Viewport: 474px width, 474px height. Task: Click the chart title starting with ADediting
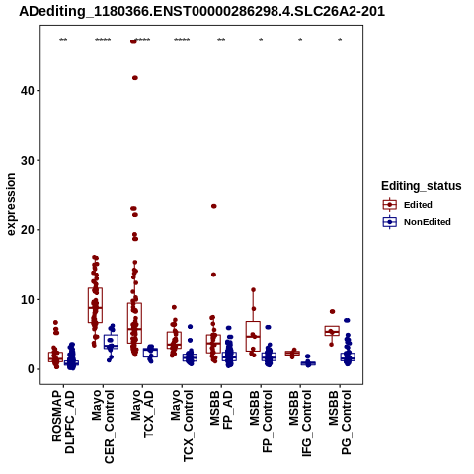[x=201, y=12]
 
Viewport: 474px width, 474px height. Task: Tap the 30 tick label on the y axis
[x=28, y=160]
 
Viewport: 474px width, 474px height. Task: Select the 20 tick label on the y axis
[x=28, y=230]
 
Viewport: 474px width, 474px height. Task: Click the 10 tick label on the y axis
[x=28, y=299]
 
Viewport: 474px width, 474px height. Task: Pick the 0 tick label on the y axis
[x=31, y=369]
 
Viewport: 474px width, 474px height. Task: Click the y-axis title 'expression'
[x=11, y=204]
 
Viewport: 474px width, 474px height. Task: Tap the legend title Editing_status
[x=422, y=186]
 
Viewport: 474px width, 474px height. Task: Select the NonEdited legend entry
[x=417, y=222]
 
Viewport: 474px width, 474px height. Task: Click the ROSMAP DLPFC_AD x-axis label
[x=63, y=422]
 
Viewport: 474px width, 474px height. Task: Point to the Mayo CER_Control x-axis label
[x=103, y=427]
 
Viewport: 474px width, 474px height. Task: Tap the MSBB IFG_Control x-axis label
[x=300, y=424]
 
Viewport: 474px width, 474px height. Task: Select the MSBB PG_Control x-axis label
[x=340, y=423]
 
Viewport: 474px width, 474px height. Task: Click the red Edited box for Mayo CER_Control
[x=95, y=305]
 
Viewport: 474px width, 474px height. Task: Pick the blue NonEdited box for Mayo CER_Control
[x=111, y=342]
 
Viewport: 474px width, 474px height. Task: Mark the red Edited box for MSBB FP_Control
[x=253, y=336]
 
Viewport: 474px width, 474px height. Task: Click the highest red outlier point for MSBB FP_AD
[x=214, y=206]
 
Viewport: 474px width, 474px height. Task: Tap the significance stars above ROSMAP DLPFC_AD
[x=63, y=40]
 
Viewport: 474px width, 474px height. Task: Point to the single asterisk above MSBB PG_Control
[x=340, y=40]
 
